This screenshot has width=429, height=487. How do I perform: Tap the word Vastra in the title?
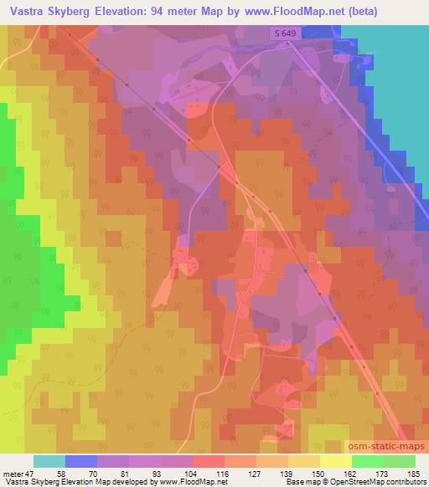pyautogui.click(x=23, y=12)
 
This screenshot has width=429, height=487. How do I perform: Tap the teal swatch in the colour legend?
pyautogui.click(x=49, y=461)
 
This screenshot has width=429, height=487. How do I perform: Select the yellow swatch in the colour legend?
pyautogui.click(x=335, y=461)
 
